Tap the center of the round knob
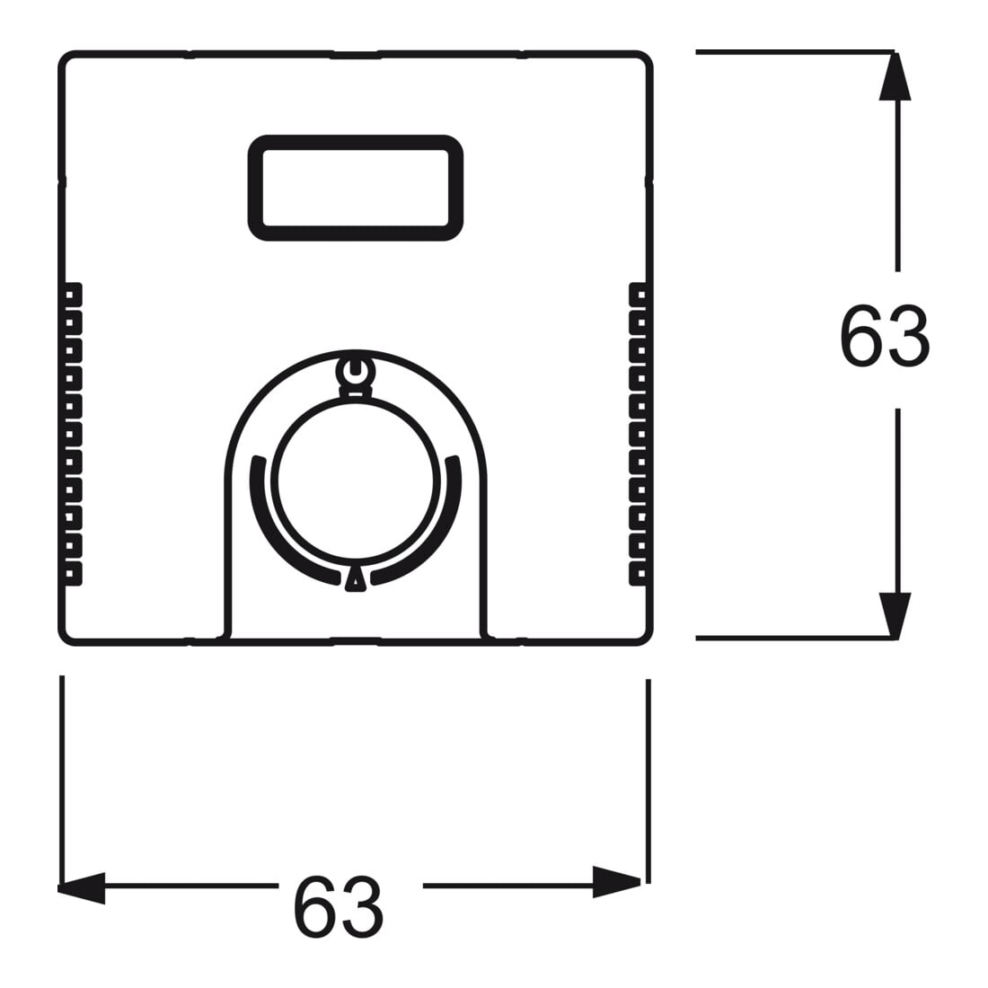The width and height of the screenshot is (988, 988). click(355, 480)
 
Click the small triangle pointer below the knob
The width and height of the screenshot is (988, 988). click(355, 579)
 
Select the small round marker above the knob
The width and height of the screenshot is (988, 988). click(355, 371)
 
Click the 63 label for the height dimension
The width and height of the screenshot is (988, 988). click(884, 337)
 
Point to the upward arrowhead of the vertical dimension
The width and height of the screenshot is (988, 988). click(895, 75)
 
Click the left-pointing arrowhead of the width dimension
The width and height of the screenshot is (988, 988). click(81, 887)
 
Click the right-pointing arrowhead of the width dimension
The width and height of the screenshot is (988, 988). click(617, 882)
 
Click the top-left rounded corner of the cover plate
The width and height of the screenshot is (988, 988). click(66, 58)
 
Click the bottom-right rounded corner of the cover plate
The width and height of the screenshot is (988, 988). click(645, 639)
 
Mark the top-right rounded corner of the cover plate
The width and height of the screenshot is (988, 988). click(645, 58)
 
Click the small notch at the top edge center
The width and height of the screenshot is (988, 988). click(356, 56)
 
